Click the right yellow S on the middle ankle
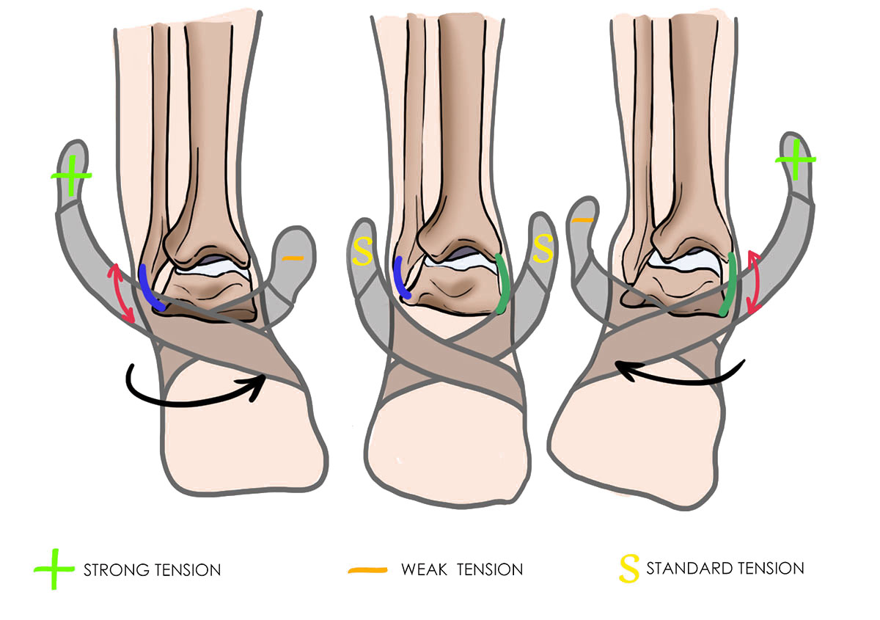[x=543, y=249]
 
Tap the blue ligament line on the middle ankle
[x=400, y=277]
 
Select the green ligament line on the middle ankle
[x=502, y=283]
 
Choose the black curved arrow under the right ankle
[x=682, y=373]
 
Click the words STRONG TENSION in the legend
[x=153, y=569]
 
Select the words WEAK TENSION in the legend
[x=462, y=569]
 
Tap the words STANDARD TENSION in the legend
[x=725, y=568]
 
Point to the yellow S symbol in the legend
[x=628, y=569]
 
